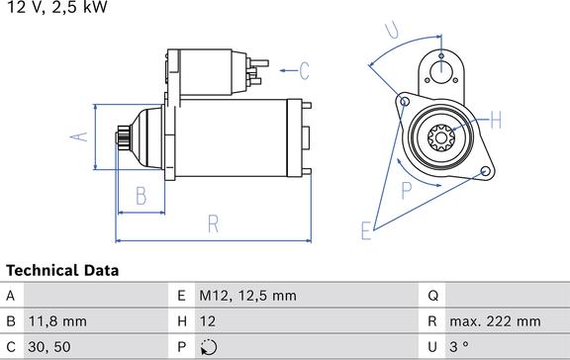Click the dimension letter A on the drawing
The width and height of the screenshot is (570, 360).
click(79, 136)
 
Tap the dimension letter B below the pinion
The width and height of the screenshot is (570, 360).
click(142, 196)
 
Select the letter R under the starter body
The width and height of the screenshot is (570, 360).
click(214, 224)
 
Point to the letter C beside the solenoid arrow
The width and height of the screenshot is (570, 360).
click(304, 71)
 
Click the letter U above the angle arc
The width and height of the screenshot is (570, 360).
click(392, 30)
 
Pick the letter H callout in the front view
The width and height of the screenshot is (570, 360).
click(496, 120)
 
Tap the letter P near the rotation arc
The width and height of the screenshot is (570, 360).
click(407, 190)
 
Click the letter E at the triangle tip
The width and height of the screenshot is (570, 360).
click(366, 230)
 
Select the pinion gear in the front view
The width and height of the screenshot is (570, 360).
click(441, 137)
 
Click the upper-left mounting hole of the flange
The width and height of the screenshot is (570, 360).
click(404, 101)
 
